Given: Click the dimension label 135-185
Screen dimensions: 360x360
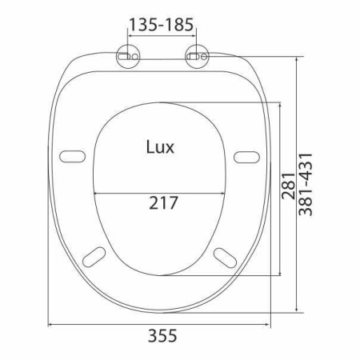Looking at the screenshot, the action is (161, 25).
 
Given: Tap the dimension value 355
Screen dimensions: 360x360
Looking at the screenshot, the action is (162, 335).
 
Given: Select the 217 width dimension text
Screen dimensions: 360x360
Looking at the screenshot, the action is (163, 203).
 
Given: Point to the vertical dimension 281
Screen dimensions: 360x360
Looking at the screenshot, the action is (289, 186).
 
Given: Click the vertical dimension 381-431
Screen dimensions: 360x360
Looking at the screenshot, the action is (305, 184).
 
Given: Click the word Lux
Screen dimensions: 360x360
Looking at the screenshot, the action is (160, 147).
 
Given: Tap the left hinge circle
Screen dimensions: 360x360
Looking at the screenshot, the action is (128, 56).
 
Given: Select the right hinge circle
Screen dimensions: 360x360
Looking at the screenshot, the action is (197, 56).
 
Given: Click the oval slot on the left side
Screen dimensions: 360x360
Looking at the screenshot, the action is (72, 157).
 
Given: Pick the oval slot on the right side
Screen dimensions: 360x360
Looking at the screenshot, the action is (246, 157).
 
